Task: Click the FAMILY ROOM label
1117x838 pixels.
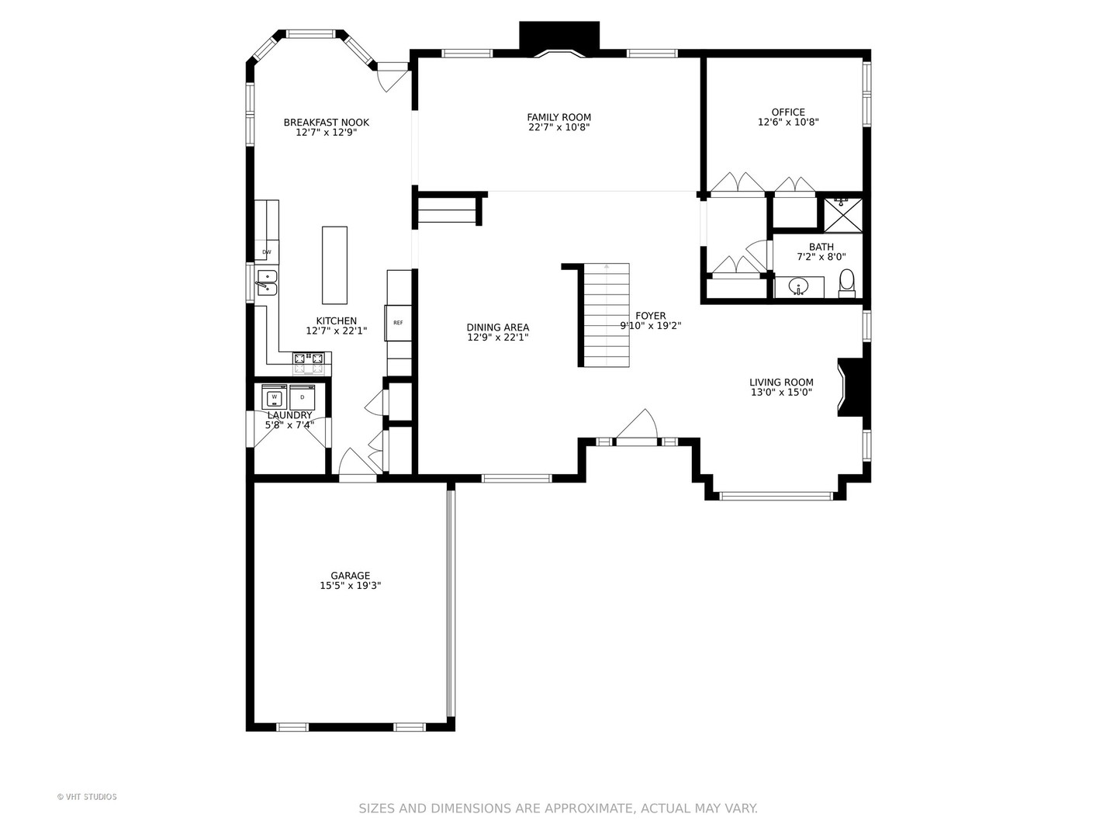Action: pos(558,117)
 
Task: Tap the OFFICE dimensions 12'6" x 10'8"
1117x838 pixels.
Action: pos(788,122)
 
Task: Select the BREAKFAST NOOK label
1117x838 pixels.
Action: pos(327,122)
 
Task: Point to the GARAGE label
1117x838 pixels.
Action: pos(350,576)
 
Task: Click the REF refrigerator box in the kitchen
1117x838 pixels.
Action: pos(398,323)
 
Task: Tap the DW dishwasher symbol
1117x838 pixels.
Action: pos(267,252)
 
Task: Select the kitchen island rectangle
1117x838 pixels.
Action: pos(335,265)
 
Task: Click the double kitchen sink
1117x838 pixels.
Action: pos(266,283)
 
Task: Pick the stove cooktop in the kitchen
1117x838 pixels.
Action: pos(308,363)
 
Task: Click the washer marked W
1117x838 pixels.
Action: pos(275,396)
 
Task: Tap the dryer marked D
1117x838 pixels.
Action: pos(303,396)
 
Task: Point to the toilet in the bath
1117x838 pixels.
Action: pos(847,283)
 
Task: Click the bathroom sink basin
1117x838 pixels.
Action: pos(799,287)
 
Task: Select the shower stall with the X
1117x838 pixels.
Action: pos(842,214)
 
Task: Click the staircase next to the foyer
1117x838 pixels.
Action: pos(606,315)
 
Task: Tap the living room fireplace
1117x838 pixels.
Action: pos(852,387)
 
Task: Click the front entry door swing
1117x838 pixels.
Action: pos(637,424)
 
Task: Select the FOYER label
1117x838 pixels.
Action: pos(650,316)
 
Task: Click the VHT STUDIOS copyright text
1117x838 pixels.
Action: pos(87,797)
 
